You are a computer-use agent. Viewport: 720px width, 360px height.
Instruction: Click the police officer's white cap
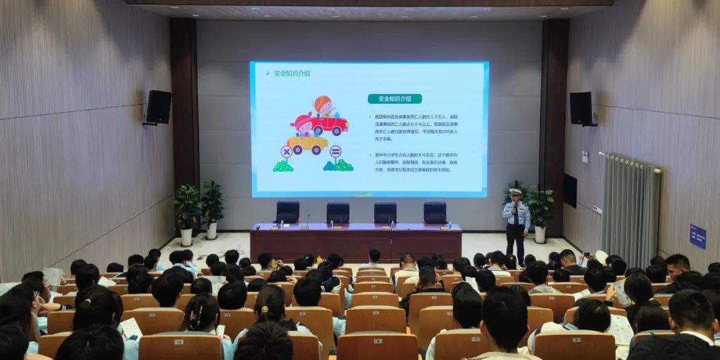515,192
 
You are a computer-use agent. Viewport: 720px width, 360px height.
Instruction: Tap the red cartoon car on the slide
329,125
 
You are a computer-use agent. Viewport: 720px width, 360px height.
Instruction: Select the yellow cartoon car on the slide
307,143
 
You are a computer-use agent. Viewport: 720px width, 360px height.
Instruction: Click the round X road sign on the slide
286,151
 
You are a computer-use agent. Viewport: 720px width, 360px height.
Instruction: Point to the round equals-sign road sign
335,151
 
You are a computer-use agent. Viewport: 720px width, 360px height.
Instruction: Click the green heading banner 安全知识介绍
395,99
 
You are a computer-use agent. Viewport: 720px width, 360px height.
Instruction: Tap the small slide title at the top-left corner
291,73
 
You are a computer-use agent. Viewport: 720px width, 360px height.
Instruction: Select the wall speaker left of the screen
158,107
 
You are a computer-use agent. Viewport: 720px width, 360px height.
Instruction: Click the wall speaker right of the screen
581,108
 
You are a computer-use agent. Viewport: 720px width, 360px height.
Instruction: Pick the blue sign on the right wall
697,237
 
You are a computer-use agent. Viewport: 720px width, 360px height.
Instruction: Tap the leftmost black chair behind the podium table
287,212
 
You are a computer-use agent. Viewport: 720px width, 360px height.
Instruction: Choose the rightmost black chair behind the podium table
435,212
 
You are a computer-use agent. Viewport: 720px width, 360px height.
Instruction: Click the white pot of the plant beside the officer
539,235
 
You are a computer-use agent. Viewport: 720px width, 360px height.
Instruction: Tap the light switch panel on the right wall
585,157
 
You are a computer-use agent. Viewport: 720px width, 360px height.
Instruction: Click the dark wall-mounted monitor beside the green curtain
570,191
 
